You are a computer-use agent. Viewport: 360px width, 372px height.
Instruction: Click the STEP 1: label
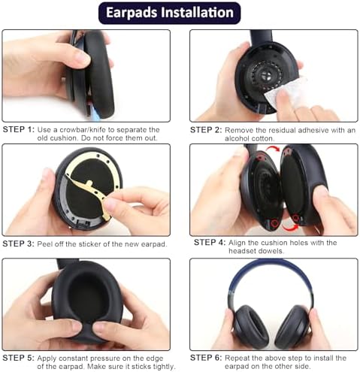click(x=19, y=130)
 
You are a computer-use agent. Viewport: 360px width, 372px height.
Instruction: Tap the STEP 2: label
click(x=205, y=130)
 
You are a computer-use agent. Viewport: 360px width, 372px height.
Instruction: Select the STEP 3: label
click(x=19, y=243)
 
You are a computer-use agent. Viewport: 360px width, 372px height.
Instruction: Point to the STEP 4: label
click(x=210, y=242)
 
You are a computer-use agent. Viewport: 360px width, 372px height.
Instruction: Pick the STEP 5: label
click(x=19, y=358)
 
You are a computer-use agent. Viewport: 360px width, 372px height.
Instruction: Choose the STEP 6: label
click(x=205, y=358)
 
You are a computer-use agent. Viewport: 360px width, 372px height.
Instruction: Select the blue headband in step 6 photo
click(x=272, y=274)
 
